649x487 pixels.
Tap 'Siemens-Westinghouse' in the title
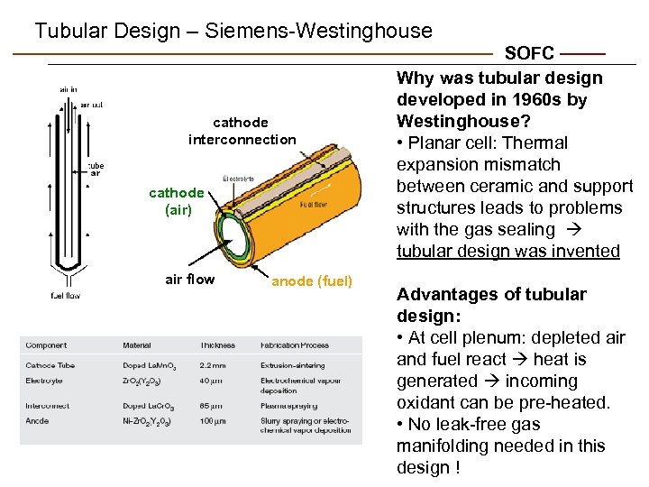click(x=318, y=31)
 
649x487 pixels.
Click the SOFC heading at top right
click(x=529, y=54)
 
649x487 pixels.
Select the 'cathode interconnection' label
click(x=241, y=131)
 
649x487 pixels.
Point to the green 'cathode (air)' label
click(x=176, y=201)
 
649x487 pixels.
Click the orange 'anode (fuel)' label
click(x=312, y=280)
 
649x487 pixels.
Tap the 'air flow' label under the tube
click(x=190, y=280)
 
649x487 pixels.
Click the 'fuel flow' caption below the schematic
click(x=65, y=295)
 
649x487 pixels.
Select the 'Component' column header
click(x=46, y=345)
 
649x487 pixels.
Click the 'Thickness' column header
click(x=217, y=345)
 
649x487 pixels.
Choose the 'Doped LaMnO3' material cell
click(x=149, y=365)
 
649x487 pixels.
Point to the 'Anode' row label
click(x=38, y=421)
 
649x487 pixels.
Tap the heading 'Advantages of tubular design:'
click(x=491, y=305)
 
